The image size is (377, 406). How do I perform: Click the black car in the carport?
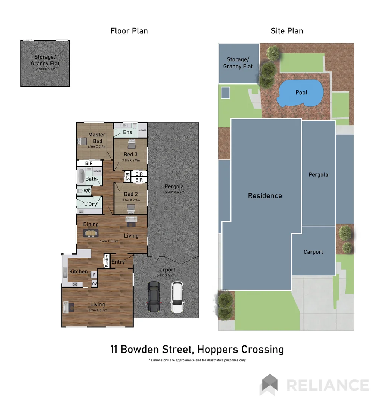(x=154, y=297)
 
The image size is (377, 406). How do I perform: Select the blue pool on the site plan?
(x=301, y=93)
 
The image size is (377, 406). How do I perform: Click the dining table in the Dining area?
(x=91, y=233)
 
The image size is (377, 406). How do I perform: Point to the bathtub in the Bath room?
(x=81, y=176)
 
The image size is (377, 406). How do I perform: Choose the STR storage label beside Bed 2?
(x=127, y=177)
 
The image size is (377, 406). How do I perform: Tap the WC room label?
(x=87, y=191)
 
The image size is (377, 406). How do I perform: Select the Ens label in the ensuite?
(x=127, y=132)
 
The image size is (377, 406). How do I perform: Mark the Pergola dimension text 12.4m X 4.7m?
(x=174, y=192)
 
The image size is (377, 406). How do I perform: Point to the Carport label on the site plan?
(x=313, y=252)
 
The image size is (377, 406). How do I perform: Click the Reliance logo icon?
(x=270, y=385)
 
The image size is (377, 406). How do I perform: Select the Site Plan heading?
(x=287, y=31)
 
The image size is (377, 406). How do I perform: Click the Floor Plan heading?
(x=129, y=31)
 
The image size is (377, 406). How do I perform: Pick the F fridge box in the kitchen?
(x=94, y=275)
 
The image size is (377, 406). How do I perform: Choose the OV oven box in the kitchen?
(x=94, y=283)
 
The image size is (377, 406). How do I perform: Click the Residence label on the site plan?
(x=265, y=195)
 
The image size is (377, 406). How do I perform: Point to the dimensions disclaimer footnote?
(x=197, y=360)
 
